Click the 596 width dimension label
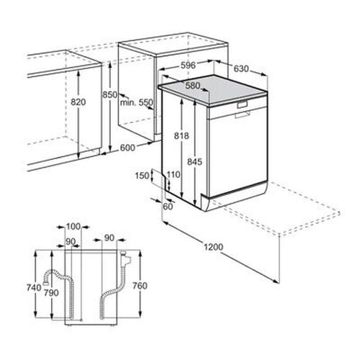click(187, 66)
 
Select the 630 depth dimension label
click(241, 68)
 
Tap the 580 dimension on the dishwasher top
click(192, 86)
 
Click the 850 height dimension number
click(110, 95)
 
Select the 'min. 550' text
click(136, 103)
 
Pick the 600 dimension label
click(127, 148)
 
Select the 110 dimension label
click(172, 175)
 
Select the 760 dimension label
click(141, 286)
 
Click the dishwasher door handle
click(241, 112)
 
